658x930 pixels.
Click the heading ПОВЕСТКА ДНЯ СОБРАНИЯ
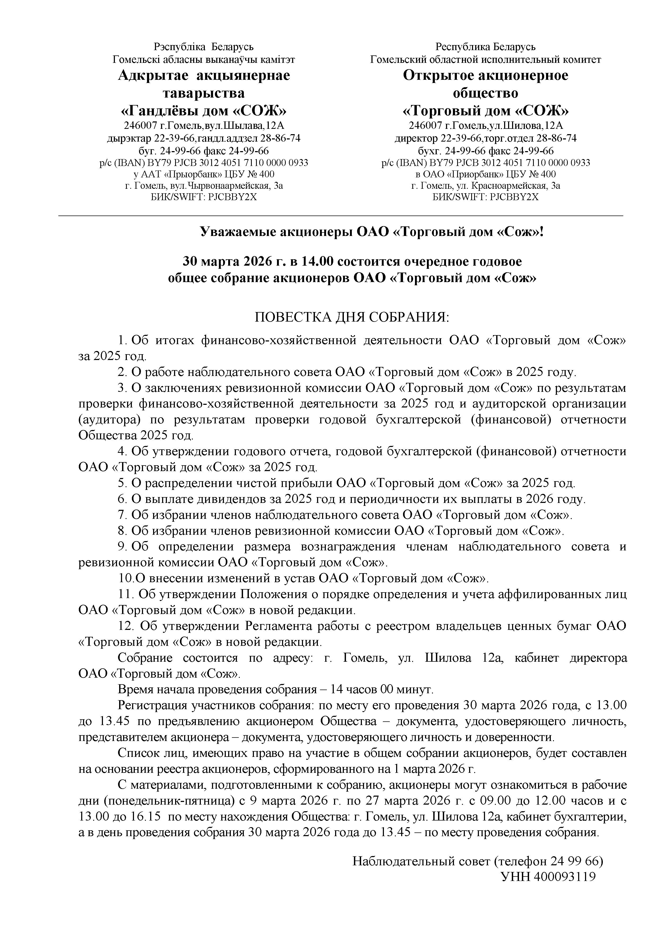[352, 317]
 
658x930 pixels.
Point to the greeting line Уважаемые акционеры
[371, 232]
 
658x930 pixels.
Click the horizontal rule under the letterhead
[341, 216]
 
